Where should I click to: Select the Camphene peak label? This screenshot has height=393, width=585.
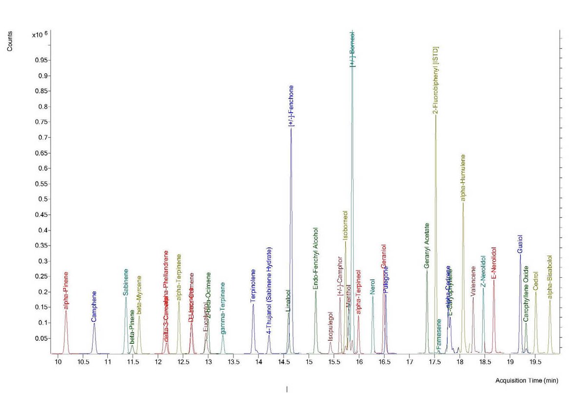point(94,306)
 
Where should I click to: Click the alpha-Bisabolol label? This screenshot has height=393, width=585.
point(550,277)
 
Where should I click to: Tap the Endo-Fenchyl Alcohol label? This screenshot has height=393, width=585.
point(315,259)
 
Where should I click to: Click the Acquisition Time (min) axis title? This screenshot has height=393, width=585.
point(526,380)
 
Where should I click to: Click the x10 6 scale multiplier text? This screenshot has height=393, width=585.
point(39,35)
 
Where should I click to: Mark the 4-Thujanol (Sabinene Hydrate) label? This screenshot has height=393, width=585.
point(269,290)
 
